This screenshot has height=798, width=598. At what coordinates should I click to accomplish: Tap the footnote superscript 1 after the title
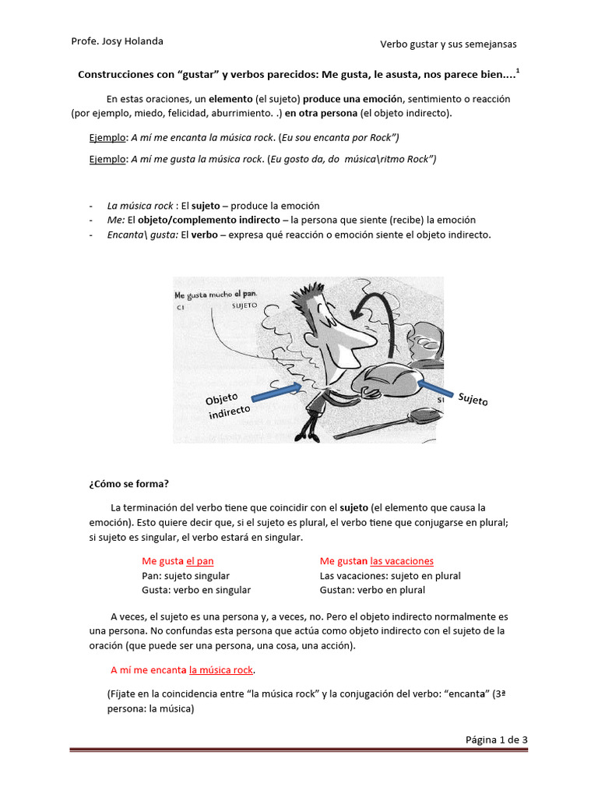pos(519,71)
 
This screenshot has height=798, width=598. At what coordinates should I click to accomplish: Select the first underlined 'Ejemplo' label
pos(107,138)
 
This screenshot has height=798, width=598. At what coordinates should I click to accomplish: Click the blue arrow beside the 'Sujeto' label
pos(438,387)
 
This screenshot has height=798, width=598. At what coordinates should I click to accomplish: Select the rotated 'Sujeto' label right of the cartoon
pos(473,400)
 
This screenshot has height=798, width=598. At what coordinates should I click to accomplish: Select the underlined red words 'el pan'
pos(199,561)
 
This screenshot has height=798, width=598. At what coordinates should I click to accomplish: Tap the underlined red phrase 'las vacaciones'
pos(402,561)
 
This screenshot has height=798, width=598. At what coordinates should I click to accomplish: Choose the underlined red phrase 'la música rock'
pos(222,669)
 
